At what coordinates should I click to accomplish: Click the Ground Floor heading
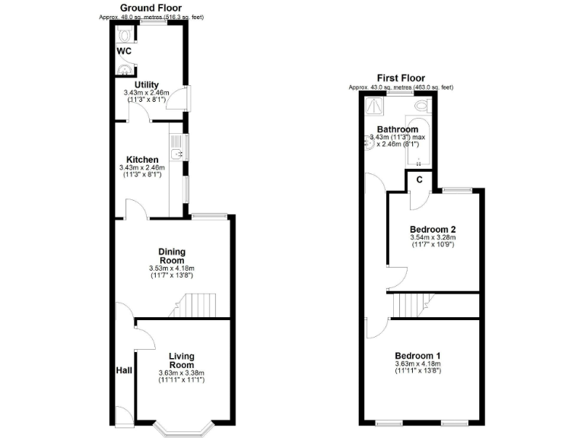151,8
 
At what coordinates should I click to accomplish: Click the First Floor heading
401,78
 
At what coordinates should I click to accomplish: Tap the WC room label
124,51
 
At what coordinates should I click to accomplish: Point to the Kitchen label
142,159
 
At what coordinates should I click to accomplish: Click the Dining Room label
172,255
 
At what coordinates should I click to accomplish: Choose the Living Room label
181,360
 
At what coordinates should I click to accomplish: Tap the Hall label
124,370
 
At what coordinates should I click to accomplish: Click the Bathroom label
398,129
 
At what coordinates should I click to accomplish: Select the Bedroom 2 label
432,229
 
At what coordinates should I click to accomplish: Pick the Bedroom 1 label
417,355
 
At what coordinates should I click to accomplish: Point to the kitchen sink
176,155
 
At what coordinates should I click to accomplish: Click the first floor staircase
411,306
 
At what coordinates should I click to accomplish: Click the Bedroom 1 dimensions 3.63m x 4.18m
417,364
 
